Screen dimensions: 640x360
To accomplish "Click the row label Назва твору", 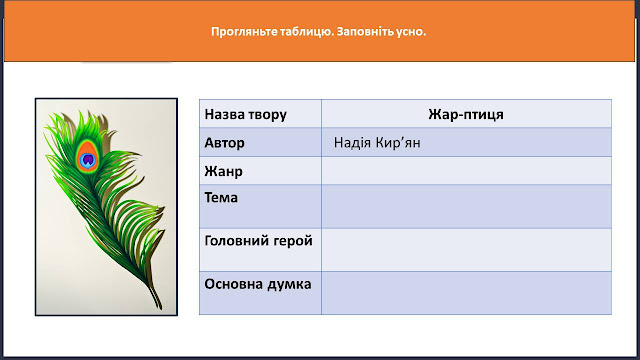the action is (246, 114).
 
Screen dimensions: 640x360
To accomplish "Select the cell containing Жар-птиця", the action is (466, 114).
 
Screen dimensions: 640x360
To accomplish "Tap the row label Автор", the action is (224, 143).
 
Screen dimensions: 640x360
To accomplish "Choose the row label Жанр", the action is (223, 171).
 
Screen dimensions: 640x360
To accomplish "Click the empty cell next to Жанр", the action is (466, 171).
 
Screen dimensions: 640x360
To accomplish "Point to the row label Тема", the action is (221, 198).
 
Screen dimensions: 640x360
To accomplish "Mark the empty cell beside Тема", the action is (466, 207).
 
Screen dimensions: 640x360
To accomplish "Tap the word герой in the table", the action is (294, 242).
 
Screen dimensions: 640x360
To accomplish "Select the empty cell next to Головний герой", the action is (466, 250).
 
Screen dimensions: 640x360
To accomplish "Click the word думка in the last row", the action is (290, 284).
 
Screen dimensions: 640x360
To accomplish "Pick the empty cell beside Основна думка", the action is (466, 293).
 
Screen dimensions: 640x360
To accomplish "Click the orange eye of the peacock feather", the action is (87, 156).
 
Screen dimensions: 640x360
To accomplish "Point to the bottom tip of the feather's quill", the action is (160, 309).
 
